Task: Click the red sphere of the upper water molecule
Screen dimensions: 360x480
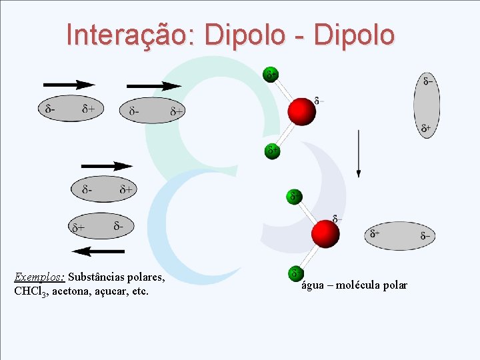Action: [x=301, y=111]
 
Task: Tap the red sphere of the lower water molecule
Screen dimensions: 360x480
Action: [x=326, y=233]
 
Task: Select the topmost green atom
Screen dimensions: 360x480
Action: [x=271, y=74]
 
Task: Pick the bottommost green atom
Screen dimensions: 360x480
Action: [x=295, y=273]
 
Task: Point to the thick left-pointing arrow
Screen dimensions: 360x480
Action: [x=98, y=251]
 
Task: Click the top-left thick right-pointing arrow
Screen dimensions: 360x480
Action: [x=69, y=85]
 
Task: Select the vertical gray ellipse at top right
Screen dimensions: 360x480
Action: [x=427, y=105]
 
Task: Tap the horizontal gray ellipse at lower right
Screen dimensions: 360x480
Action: [x=399, y=235]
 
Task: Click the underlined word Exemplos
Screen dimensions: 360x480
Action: [x=39, y=277]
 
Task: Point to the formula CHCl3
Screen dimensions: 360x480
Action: [x=29, y=291]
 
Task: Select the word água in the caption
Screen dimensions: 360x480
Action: [x=313, y=285]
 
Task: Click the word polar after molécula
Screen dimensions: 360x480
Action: [x=395, y=285]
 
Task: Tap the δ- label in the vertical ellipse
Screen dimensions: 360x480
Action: [x=429, y=81]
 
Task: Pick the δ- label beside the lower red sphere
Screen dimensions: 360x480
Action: [x=338, y=219]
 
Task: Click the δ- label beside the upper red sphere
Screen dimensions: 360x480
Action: [x=320, y=101]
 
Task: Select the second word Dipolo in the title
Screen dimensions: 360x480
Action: [x=354, y=35]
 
